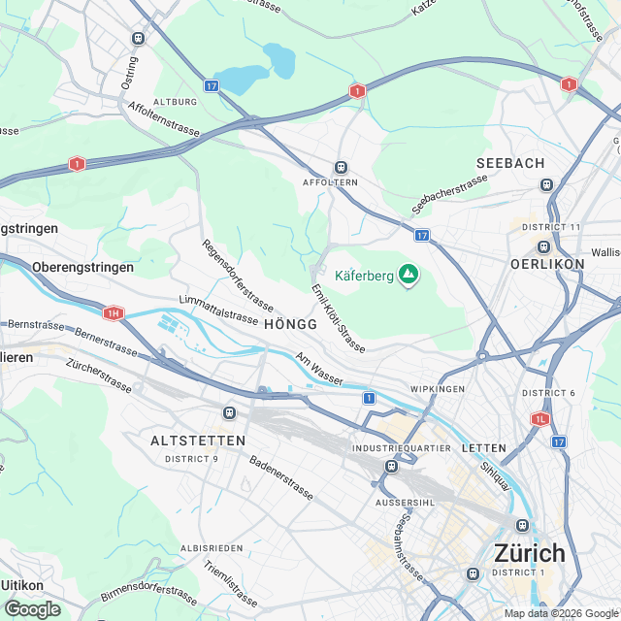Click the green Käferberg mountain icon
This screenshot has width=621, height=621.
tap(409, 277)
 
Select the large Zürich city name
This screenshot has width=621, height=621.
tap(529, 553)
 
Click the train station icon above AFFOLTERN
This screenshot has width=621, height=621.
tap(341, 167)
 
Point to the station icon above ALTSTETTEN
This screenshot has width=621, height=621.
tap(229, 412)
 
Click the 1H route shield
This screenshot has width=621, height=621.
tap(114, 313)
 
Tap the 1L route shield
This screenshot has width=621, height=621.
tap(539, 419)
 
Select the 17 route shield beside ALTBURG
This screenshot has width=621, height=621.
tap(212, 86)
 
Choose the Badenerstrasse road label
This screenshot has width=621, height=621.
tap(281, 478)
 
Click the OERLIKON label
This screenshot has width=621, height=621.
tap(547, 264)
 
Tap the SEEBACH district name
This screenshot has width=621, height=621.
tap(510, 163)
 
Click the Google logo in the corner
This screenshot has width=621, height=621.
tap(32, 608)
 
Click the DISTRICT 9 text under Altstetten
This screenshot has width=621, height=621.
tap(191, 458)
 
